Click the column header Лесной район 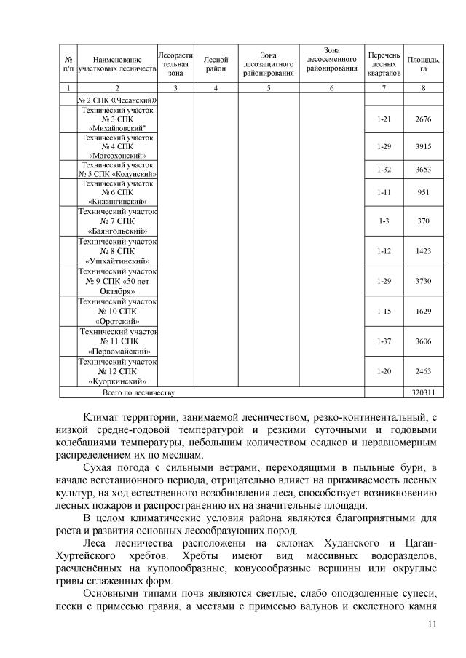point(216,63)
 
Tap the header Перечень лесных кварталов point(384,63)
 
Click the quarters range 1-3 point(384,221)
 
